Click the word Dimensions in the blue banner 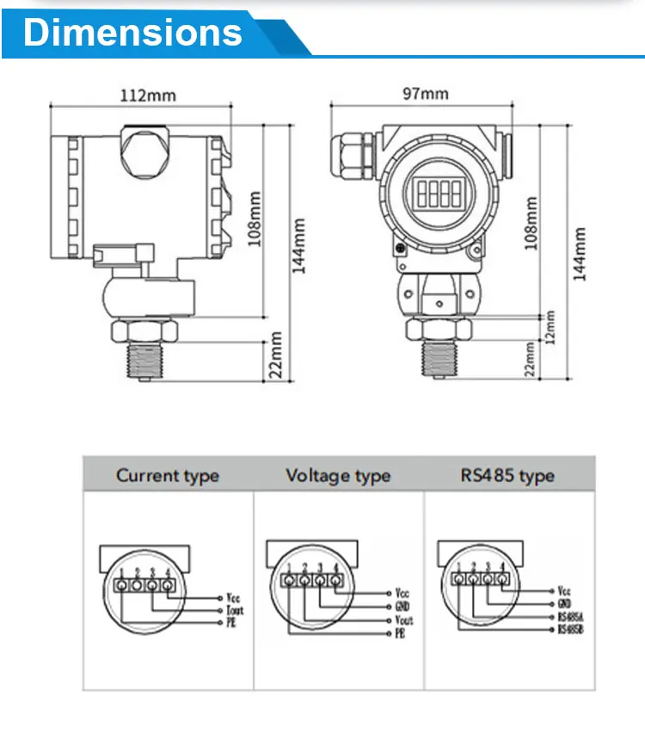coord(133,32)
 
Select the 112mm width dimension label coord(147,95)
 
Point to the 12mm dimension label coord(550,327)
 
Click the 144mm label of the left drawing coord(298,245)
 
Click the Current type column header coord(168,476)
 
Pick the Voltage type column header coord(338,476)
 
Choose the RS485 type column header coord(507,476)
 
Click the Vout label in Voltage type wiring coord(403,620)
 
